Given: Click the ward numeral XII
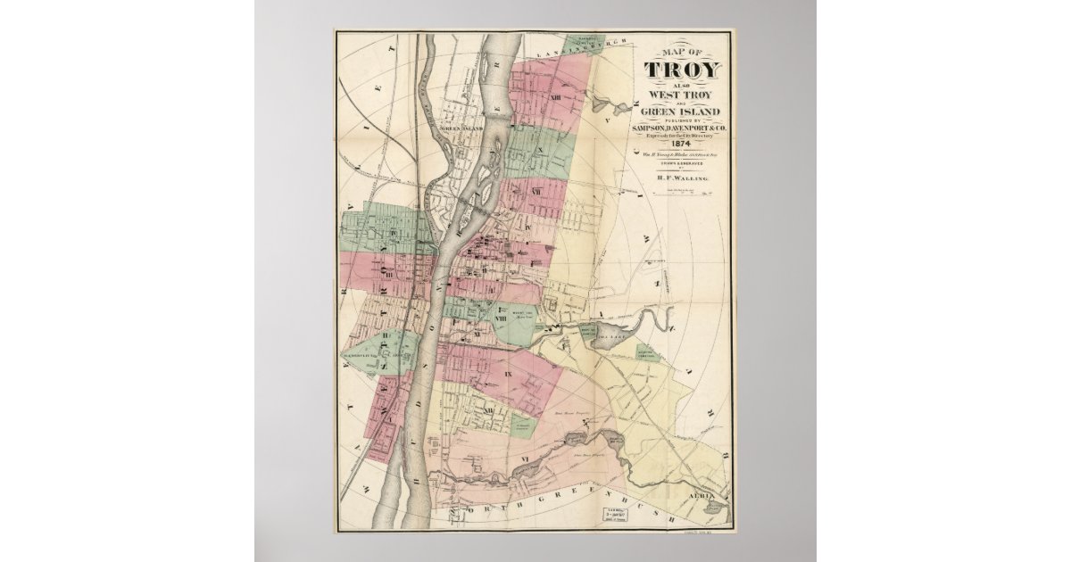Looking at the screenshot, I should pos(488,409).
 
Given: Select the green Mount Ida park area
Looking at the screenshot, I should pos(516,326).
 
